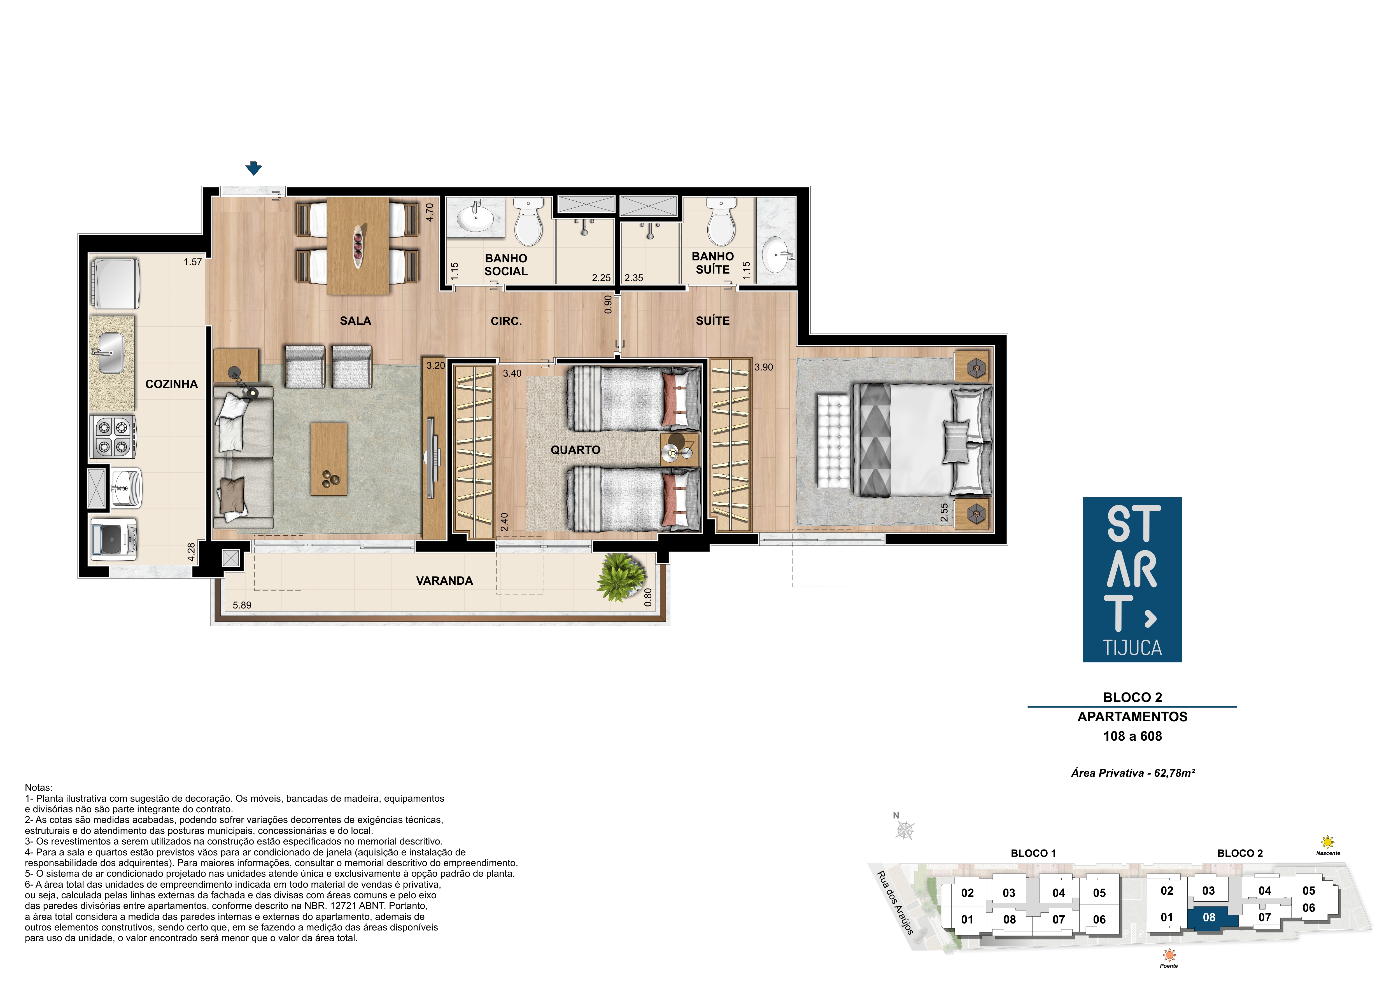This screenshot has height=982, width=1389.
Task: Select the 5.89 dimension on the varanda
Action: pos(242,605)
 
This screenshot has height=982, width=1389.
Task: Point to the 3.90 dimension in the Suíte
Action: pos(763,367)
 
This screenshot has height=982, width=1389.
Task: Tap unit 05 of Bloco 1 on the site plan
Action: pos(1099,893)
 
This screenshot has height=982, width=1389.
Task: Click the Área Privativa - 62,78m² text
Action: pos(1132,773)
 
